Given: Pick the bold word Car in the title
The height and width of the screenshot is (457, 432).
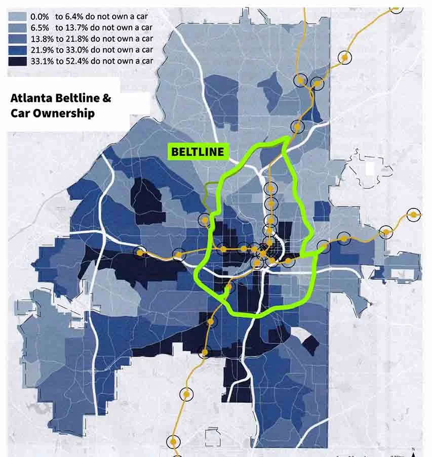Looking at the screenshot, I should (20, 113).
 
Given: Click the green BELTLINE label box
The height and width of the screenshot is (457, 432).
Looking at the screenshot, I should (197, 151).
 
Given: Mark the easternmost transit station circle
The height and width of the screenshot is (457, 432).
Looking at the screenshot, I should (414, 215).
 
